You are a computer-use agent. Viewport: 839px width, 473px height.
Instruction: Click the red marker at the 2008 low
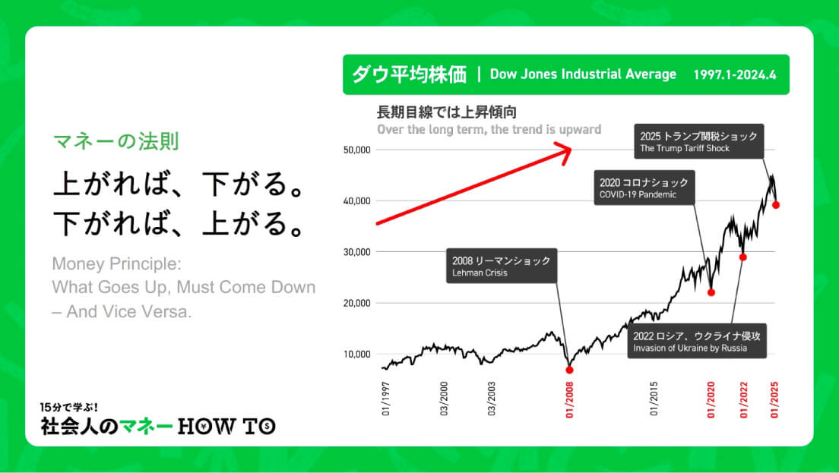coord(569,370)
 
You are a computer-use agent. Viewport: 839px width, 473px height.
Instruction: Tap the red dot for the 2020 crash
coord(711,292)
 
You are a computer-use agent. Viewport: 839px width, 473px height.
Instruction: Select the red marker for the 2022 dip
coord(742,257)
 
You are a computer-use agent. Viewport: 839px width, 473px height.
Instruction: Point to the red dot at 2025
coord(776,205)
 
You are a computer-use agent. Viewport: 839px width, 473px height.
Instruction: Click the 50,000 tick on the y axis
coord(357,150)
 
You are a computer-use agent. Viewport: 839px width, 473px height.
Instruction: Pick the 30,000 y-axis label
coord(357,252)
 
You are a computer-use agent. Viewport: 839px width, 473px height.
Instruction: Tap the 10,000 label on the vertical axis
coord(357,354)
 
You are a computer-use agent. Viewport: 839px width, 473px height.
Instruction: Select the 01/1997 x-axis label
coord(386,399)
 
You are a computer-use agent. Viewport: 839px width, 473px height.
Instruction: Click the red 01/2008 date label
coord(569,399)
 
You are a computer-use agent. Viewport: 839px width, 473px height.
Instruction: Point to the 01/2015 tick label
coord(654,399)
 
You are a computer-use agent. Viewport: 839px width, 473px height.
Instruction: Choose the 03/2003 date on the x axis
coord(491,399)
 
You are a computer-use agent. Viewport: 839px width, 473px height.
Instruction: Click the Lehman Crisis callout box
coord(502,266)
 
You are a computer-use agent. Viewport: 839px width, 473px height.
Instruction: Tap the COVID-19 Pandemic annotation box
coord(644,188)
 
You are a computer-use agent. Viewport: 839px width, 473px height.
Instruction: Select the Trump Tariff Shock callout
coord(699,142)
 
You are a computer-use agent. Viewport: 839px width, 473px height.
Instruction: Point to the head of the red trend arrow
coord(571,150)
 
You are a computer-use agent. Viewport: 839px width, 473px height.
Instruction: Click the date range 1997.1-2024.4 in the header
coord(735,75)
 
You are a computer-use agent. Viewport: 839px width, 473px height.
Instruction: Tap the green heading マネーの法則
coord(116,141)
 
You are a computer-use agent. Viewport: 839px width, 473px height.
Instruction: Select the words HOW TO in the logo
coord(226,426)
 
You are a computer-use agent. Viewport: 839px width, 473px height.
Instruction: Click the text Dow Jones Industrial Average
coord(583,74)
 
